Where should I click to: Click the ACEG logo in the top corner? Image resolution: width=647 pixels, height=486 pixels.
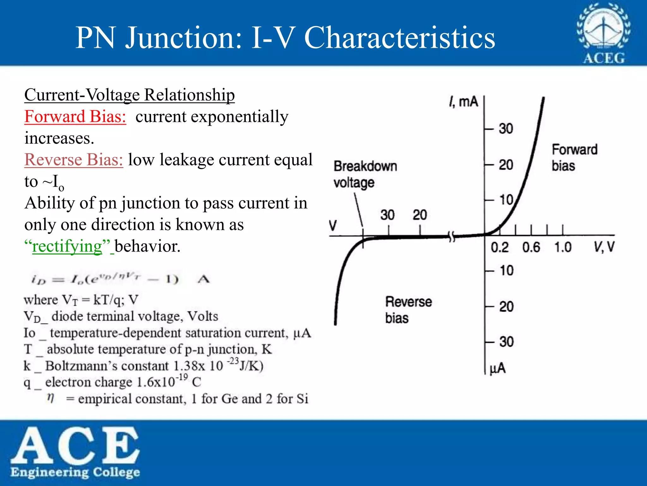(x=603, y=33)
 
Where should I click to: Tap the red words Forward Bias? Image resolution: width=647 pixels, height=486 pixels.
(x=75, y=116)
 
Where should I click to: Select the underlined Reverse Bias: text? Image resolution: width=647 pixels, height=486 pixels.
(x=74, y=159)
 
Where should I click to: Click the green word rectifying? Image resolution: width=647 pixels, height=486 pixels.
(x=67, y=246)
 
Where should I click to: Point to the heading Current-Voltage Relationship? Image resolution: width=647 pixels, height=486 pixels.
(x=130, y=95)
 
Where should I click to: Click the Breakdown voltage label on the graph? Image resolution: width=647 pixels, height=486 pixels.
(x=365, y=174)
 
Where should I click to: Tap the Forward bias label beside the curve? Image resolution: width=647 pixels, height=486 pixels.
(x=574, y=157)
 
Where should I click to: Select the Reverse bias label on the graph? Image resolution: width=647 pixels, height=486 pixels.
(x=408, y=310)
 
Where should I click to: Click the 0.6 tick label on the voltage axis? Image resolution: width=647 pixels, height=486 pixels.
(x=531, y=247)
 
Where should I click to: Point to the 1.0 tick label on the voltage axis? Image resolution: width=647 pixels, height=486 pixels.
(x=563, y=247)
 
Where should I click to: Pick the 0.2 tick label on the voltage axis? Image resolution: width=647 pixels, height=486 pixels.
(x=499, y=247)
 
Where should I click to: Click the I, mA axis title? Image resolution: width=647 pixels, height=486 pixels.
(x=463, y=102)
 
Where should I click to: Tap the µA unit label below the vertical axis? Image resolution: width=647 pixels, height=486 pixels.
(x=498, y=369)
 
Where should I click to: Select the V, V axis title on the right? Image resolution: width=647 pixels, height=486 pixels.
(x=604, y=247)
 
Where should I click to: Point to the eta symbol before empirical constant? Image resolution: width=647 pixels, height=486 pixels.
(x=51, y=397)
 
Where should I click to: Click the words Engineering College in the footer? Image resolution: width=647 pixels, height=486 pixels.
(x=75, y=472)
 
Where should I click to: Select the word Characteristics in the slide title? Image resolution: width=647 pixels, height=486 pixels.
(x=399, y=38)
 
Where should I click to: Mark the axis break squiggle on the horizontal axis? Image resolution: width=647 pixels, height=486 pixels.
(x=452, y=236)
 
